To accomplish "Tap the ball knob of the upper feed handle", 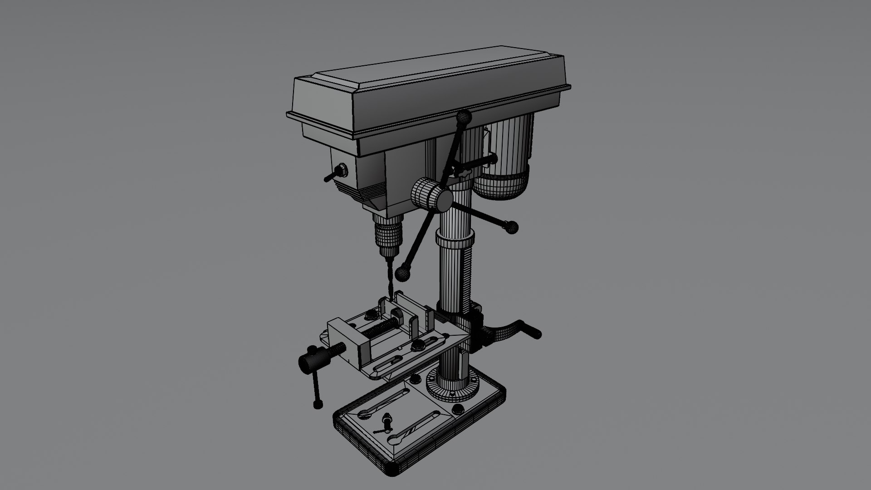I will click(464, 118).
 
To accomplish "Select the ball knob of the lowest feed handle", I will click(402, 273).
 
